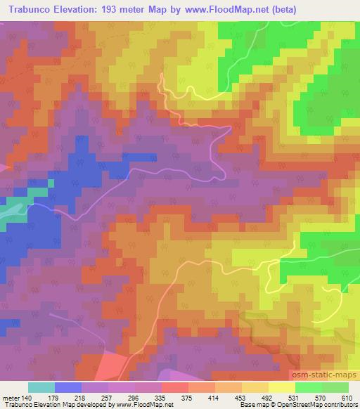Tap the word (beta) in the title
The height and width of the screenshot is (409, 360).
pos(279,10)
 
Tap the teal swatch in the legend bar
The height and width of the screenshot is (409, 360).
pos(41,387)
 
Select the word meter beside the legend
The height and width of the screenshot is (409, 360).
pos(13,397)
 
